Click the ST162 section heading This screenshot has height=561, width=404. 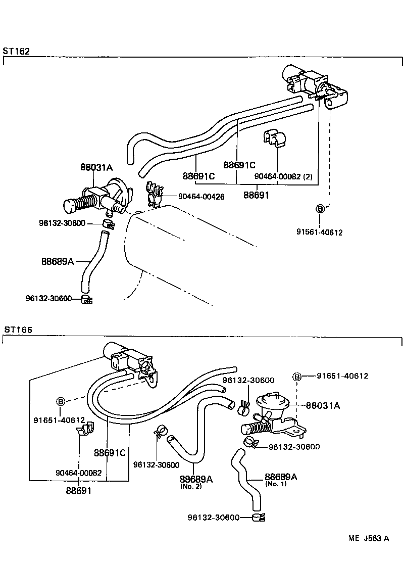point(17,51)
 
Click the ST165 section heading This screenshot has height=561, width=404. point(18,330)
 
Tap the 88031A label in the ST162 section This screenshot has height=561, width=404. point(96,167)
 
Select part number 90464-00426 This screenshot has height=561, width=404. point(201,197)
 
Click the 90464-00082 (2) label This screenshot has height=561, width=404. point(283,176)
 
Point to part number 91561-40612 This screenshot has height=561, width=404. point(320,232)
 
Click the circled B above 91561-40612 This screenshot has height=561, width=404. point(320,209)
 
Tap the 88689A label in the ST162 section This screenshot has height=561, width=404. point(58,261)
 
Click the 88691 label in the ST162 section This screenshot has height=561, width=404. point(257,195)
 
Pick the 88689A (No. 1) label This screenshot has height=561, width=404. point(281,477)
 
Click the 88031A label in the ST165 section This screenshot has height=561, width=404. point(323,405)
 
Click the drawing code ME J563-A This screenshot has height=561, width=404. point(368,539)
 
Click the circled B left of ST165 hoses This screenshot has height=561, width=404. point(61,402)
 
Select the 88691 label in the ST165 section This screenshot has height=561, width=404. point(78,490)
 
